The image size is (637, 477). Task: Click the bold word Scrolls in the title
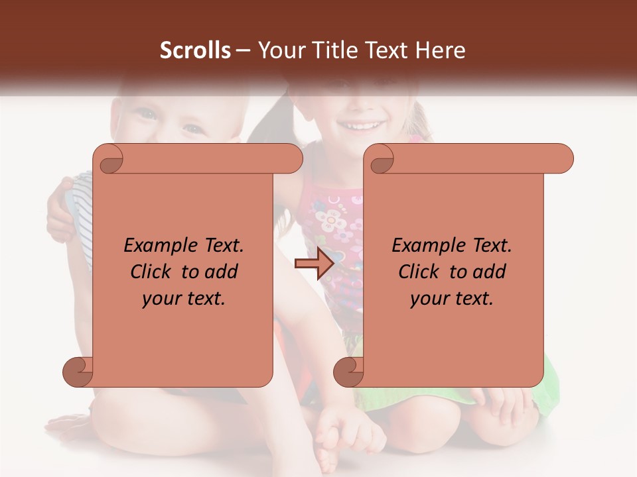click(x=195, y=50)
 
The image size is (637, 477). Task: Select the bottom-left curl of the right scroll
click(x=349, y=372)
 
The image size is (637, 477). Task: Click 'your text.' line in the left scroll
click(x=184, y=298)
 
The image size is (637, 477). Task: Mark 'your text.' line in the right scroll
click(x=452, y=298)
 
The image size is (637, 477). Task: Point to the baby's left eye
click(x=192, y=128)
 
